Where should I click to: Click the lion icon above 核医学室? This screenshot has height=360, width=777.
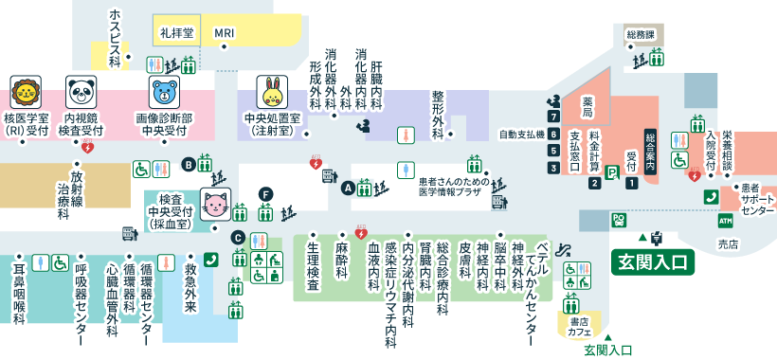[x=26, y=93]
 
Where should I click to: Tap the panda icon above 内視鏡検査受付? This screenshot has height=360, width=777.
[x=81, y=93]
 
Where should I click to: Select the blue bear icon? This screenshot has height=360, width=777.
[x=164, y=93]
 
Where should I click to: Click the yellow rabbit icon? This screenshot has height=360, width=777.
[x=272, y=93]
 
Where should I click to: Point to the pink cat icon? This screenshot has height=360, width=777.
[x=215, y=205]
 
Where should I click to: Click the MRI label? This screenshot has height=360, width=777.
[x=225, y=33]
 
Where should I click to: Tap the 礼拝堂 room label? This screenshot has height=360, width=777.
[x=176, y=32]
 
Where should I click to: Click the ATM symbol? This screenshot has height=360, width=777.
[x=725, y=221]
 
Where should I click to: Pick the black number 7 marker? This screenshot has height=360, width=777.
[x=553, y=116]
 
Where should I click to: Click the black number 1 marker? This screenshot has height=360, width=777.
[x=631, y=183]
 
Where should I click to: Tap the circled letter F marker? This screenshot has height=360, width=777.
[x=266, y=194]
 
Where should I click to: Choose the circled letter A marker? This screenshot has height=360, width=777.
[x=348, y=188]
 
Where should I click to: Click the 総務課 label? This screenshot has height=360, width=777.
[x=641, y=34]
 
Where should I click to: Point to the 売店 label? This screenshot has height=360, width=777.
[x=728, y=243]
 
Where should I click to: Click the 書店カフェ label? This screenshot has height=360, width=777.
[x=580, y=327]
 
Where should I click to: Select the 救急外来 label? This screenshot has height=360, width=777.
[x=190, y=283]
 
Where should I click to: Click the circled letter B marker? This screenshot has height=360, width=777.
[x=189, y=164]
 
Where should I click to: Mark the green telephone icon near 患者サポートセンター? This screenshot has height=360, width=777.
[x=711, y=196]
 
